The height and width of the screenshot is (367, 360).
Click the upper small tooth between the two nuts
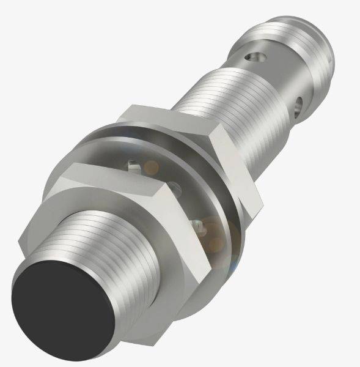point(131,164)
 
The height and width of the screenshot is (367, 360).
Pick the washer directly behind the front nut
point(202,202)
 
